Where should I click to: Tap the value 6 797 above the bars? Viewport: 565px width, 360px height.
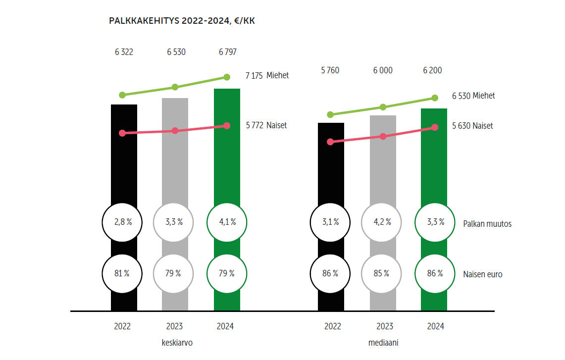pyautogui.click(x=227, y=51)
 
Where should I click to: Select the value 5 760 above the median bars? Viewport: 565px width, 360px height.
pyautogui.click(x=330, y=70)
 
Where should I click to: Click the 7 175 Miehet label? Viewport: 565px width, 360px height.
pyautogui.click(x=267, y=76)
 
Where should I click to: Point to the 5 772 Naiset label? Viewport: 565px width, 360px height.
pyautogui.click(x=266, y=125)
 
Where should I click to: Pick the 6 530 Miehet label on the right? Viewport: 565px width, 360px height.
pyautogui.click(x=473, y=96)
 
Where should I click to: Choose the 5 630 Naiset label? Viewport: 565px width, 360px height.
pyautogui.click(x=472, y=126)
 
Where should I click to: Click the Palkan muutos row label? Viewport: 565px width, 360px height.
pyautogui.click(x=487, y=224)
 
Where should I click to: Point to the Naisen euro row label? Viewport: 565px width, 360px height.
pyautogui.click(x=483, y=274)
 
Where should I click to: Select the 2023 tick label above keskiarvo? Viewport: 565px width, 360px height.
pyautogui.click(x=174, y=326)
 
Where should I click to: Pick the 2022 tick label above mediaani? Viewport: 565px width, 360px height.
pyautogui.click(x=333, y=326)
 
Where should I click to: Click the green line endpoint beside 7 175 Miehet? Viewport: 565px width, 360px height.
pyautogui.click(x=227, y=77)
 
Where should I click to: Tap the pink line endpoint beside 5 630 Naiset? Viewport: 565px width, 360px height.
pyautogui.click(x=435, y=127)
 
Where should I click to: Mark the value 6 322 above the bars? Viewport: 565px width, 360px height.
pyautogui.click(x=123, y=51)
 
